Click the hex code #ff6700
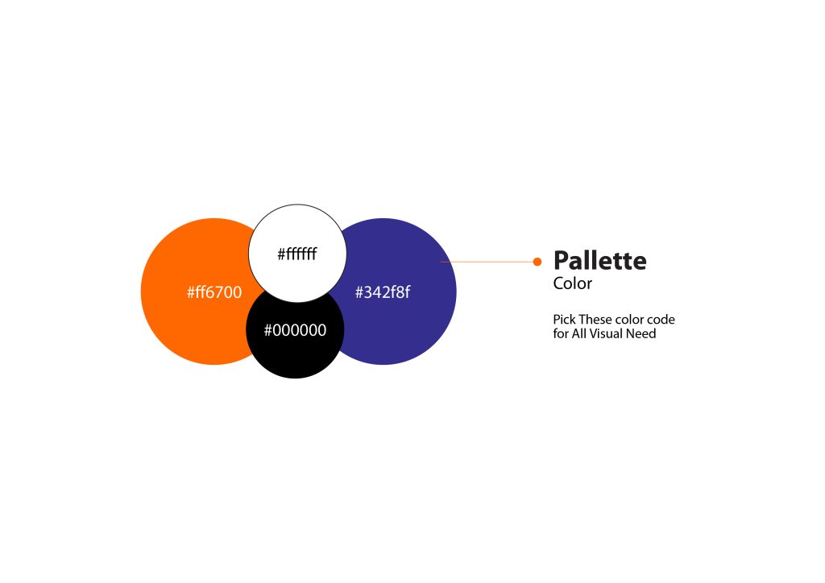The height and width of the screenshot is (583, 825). click(214, 292)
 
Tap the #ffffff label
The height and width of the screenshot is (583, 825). click(297, 254)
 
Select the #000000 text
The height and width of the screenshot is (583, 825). click(295, 330)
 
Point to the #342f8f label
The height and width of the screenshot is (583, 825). click(383, 292)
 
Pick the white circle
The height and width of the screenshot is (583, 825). click(297, 254)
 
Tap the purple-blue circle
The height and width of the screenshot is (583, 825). click(395, 291)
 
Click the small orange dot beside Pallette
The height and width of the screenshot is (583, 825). click(537, 262)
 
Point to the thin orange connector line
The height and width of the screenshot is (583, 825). click(487, 262)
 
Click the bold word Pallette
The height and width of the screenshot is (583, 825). click(599, 261)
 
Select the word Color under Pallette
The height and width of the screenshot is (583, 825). click(573, 283)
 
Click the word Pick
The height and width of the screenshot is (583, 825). click(565, 320)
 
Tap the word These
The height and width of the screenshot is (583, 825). click(596, 320)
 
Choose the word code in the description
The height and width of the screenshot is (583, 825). click(661, 320)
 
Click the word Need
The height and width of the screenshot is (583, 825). click(641, 334)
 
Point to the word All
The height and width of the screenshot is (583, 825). click(579, 334)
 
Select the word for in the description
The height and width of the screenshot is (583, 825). click(561, 334)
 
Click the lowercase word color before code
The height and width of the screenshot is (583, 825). click(631, 320)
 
